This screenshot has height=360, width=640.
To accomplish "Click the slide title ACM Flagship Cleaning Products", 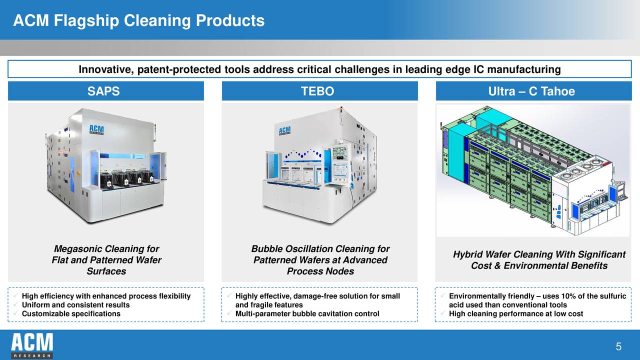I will point(138,20).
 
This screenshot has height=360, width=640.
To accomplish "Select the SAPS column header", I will point(103,91).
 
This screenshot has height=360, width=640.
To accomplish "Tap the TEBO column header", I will point(317,91).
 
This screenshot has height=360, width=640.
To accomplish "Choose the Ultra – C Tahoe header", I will point(531,91).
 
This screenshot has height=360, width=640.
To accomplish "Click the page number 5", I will point(618,347).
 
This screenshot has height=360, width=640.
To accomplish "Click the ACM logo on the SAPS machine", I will point(96,129).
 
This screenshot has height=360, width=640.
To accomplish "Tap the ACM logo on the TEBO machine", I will point(284,131).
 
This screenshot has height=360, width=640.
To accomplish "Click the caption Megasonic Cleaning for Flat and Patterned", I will point(106,260).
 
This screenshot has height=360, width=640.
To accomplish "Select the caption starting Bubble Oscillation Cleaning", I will point(320,260).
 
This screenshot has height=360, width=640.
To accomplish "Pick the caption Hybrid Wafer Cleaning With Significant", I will point(539,260).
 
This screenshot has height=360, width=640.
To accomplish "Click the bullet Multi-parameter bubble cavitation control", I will point(307,313).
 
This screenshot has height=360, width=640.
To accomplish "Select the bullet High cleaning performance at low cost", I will point(516,313).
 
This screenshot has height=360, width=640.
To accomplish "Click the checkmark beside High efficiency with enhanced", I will point(16,296).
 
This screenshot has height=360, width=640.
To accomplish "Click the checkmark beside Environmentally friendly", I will point(442,296).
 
